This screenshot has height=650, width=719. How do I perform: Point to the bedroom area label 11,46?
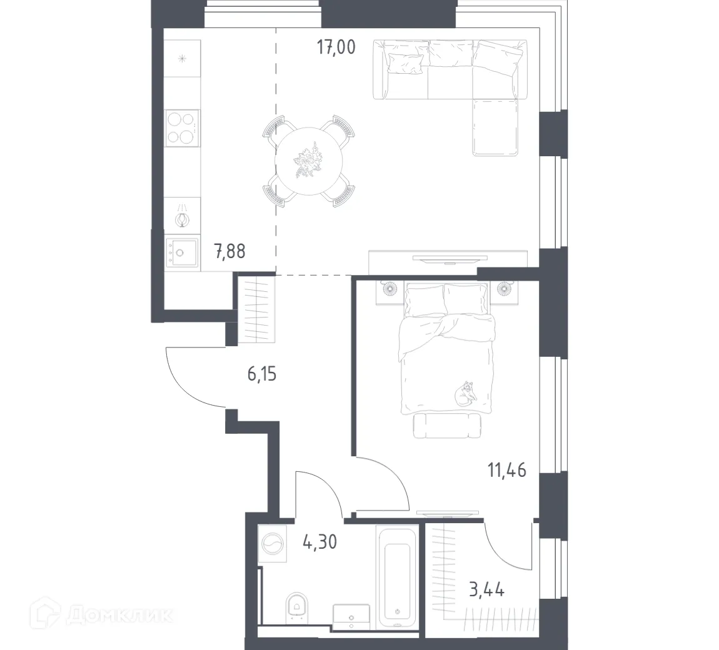tap(506, 469)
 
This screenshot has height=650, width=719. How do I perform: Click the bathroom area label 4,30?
tap(319, 541)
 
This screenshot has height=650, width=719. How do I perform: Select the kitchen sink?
tap(182, 253)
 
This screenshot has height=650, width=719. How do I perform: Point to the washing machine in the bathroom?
tap(273, 544)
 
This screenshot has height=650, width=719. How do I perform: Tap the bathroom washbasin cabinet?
tap(351, 616)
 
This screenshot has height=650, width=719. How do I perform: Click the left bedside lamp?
tap(388, 289)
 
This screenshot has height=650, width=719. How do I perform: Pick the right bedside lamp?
tap(505, 289)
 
